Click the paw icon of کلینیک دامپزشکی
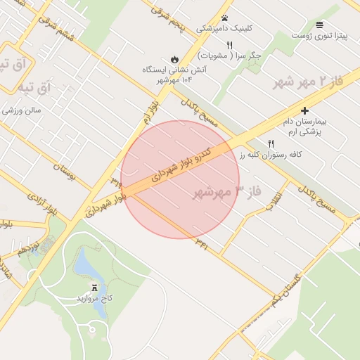(225, 18)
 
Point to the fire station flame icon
(174, 59)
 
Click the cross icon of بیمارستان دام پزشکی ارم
(304, 110)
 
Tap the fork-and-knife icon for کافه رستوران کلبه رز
(271, 143)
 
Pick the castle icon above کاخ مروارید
(94, 287)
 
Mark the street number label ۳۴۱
(202, 244)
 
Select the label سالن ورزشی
(22, 110)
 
